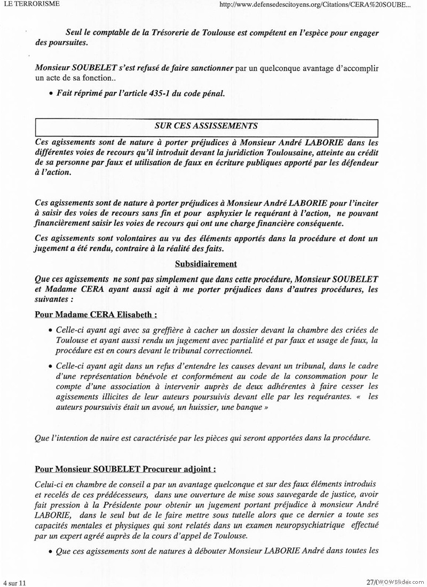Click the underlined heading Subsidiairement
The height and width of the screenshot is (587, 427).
click(206, 264)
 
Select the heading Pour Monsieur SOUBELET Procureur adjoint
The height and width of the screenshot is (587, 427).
click(125, 470)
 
